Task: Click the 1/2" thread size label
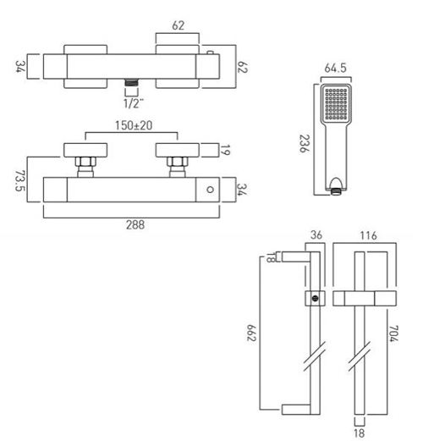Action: point(134,103)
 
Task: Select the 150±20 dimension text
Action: point(134,125)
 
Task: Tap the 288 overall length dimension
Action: point(135,225)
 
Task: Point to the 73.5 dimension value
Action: point(19,180)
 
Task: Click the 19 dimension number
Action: point(225,150)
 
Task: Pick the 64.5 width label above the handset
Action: point(335,68)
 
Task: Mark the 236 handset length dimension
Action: point(304,143)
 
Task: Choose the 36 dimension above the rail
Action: point(316,235)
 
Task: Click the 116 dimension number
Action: point(368,235)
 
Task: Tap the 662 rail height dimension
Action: point(251,333)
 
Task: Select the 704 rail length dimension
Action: point(393,334)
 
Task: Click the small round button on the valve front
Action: point(210,190)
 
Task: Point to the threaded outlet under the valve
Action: point(132,82)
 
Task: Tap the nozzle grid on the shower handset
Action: point(336,104)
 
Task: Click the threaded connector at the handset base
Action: point(336,192)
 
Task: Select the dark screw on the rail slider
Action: point(316,298)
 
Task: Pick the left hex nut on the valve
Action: point(85,162)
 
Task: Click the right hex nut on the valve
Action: point(178,162)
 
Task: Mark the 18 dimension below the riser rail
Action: point(360,433)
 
